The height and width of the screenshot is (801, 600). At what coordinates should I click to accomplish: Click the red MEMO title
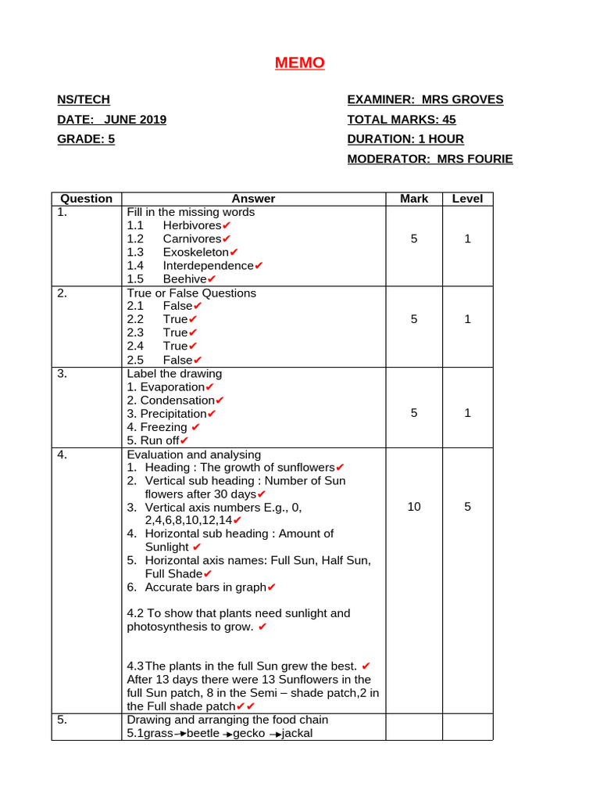tap(299, 63)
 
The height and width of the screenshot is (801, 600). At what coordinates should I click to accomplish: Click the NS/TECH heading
tap(84, 99)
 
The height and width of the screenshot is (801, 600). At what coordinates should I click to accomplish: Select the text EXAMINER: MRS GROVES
tap(425, 99)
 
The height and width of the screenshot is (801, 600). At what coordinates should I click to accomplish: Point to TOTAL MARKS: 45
tap(402, 120)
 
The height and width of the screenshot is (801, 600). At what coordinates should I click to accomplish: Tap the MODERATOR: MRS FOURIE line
tap(430, 159)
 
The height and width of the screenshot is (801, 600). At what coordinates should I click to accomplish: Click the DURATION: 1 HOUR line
tap(405, 139)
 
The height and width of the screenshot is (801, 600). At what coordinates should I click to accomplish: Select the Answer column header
tap(253, 199)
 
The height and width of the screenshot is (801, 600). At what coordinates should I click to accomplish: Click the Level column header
tap(467, 199)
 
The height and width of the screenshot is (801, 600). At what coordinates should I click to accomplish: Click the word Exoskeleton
tap(196, 252)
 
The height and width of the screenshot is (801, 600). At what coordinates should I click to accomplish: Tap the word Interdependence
tap(208, 265)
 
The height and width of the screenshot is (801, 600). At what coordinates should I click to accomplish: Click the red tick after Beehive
tap(212, 279)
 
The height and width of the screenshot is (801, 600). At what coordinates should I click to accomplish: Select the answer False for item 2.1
tap(177, 306)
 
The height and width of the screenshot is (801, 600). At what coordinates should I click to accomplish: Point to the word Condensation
tap(177, 400)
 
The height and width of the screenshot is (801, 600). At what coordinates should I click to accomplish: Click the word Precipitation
tap(173, 413)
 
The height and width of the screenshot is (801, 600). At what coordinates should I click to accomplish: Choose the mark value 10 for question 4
tap(414, 507)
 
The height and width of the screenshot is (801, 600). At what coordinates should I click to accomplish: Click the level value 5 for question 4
tap(467, 507)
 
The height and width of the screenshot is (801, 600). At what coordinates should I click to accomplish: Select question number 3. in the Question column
tap(62, 373)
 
